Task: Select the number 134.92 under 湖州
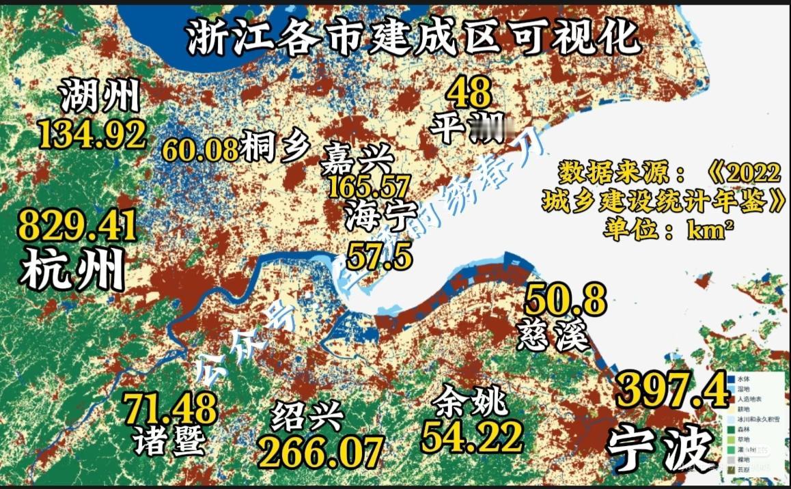coord(92,134)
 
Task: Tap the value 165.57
coord(370,186)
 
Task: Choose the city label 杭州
coord(72,269)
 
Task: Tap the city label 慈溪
coord(553,335)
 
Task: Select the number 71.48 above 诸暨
coord(169,408)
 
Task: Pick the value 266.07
coord(319,451)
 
